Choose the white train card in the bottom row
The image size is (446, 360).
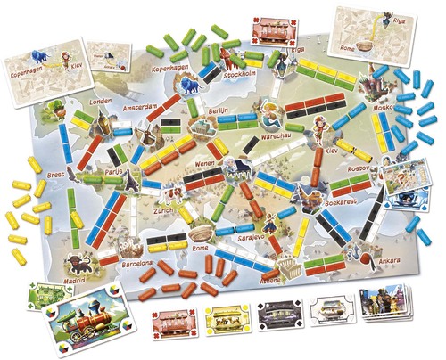328,313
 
